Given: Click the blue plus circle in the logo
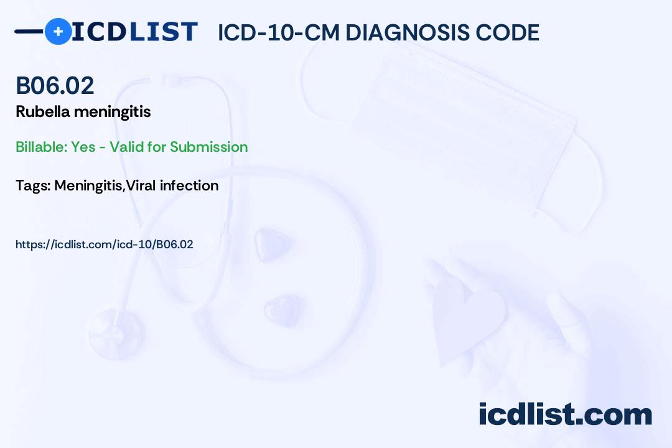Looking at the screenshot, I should point(58,31).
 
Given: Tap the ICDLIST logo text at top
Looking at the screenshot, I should point(134,32).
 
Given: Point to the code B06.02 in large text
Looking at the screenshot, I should point(55,85).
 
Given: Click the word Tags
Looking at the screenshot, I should point(32,185).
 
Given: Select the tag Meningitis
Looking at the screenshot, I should point(89,185).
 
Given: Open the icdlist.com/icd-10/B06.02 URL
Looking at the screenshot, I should point(105,245).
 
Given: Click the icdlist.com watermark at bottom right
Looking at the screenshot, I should point(565,414).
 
